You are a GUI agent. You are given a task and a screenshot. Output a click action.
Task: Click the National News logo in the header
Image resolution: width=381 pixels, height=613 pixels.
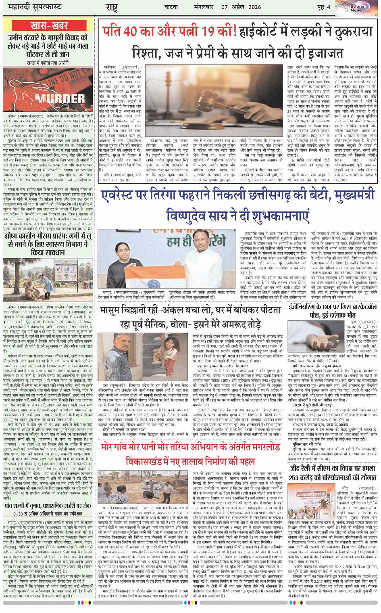[356, 8]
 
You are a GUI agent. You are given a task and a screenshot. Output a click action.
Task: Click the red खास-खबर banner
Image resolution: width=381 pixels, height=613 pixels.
[50, 26]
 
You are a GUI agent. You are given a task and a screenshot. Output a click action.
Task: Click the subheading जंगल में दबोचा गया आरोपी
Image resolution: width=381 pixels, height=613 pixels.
[49, 63]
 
